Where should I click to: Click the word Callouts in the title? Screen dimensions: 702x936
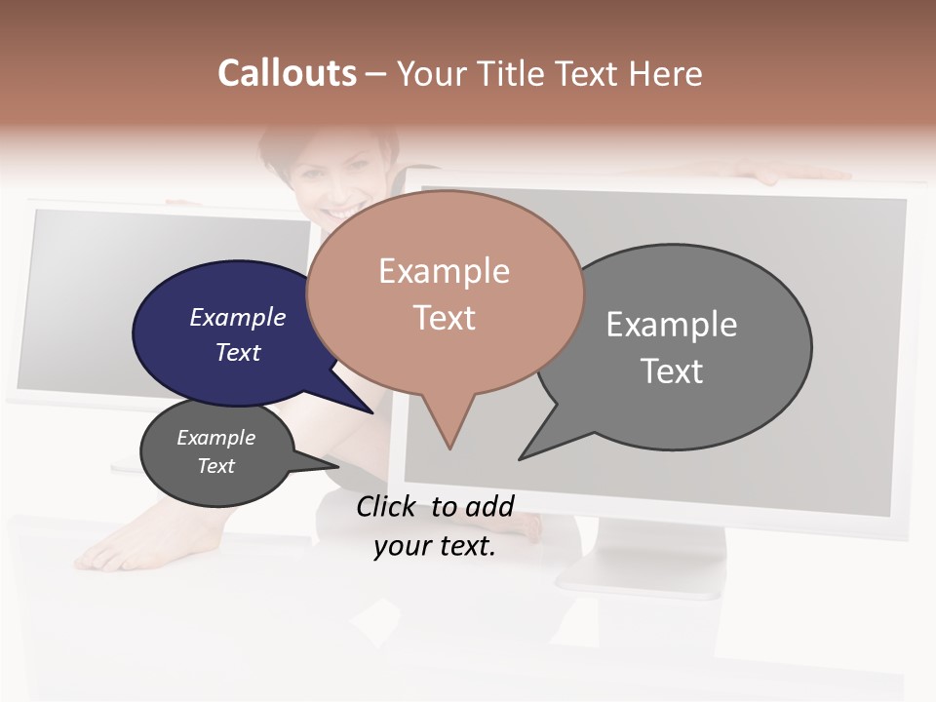(x=287, y=73)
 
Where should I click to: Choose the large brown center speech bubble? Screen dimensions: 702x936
(x=445, y=292)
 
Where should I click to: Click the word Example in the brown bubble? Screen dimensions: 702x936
(x=444, y=271)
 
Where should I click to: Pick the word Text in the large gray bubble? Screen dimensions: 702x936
(x=672, y=371)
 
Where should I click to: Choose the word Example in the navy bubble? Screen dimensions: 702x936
(x=238, y=317)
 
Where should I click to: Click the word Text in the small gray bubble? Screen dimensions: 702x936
(x=216, y=466)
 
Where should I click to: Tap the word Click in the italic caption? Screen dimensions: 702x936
(x=385, y=507)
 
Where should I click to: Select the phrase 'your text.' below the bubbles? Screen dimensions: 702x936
(x=435, y=547)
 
